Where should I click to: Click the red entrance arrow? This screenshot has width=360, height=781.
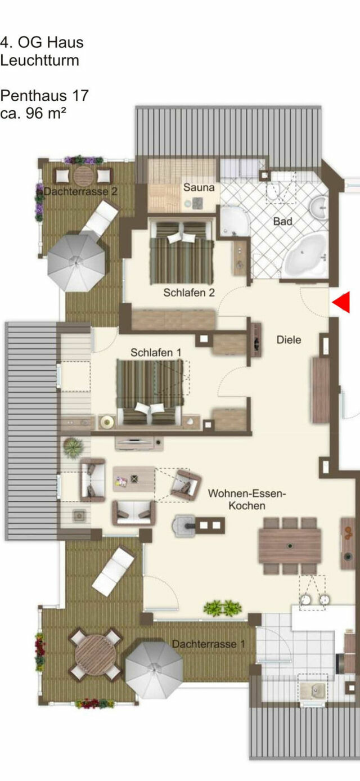click(x=342, y=303)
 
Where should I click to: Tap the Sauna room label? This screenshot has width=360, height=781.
click(x=199, y=187)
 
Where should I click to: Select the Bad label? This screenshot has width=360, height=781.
click(x=283, y=221)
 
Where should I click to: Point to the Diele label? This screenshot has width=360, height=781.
click(x=289, y=340)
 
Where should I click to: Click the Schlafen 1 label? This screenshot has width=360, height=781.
click(x=156, y=352)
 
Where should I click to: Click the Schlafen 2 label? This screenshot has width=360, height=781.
click(x=189, y=293)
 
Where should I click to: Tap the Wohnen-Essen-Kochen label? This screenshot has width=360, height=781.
click(x=247, y=500)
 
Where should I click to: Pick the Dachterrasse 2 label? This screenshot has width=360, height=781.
click(x=80, y=191)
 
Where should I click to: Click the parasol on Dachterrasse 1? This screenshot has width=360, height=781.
click(x=154, y=670)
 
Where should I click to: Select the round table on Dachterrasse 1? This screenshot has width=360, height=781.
click(x=95, y=655)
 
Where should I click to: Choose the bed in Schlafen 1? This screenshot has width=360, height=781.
click(x=150, y=392)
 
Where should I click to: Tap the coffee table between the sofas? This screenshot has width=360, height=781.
click(x=134, y=479)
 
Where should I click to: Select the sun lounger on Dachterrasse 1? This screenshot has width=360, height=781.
click(x=113, y=571)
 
